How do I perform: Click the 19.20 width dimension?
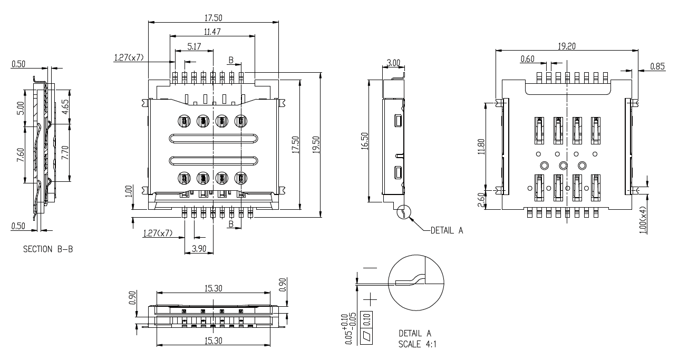567,46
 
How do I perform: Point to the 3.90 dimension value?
199,249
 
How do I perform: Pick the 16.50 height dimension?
364,141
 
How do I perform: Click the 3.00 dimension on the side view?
393,63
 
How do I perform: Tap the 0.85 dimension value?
657,66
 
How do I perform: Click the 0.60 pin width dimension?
527,59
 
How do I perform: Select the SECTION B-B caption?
48,249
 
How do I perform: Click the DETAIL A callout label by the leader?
447,230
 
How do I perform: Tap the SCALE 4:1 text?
417,345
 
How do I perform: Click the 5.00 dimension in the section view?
21,108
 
